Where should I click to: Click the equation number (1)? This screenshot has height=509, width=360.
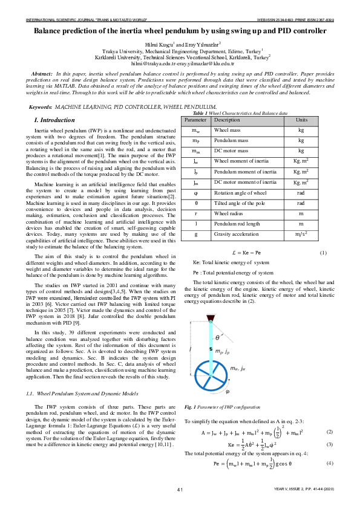(322, 253)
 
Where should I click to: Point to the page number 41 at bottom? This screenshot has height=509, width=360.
(180, 488)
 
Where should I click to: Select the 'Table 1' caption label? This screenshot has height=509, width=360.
(200, 114)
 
